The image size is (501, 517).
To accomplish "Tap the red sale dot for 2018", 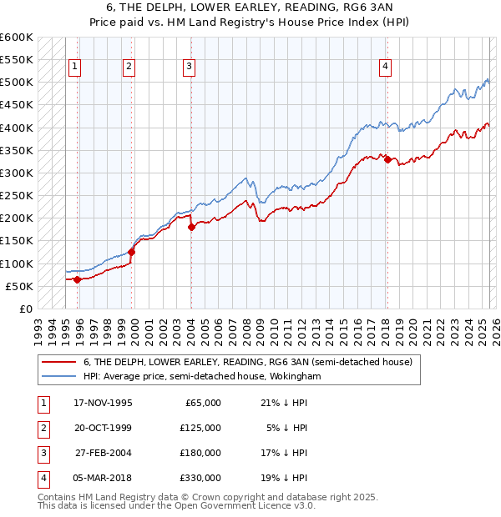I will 387,159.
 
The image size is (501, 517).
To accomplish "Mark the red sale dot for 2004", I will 191,227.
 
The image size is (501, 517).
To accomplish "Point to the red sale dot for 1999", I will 131,252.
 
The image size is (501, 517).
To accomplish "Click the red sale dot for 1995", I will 77,279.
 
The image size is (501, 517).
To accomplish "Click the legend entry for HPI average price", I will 202,377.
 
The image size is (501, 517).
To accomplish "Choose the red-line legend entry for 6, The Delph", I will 247,363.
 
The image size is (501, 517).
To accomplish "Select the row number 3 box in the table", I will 42,453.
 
